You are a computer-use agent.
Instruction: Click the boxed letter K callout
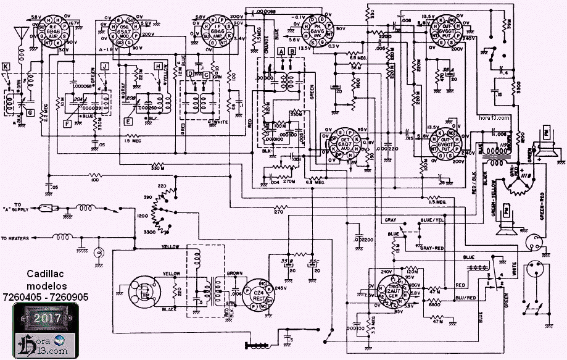6,65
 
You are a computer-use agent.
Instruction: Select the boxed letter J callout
105,65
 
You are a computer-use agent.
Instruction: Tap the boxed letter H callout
159,65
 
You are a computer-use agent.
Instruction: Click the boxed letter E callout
128,122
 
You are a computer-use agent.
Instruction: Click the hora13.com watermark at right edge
494,117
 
